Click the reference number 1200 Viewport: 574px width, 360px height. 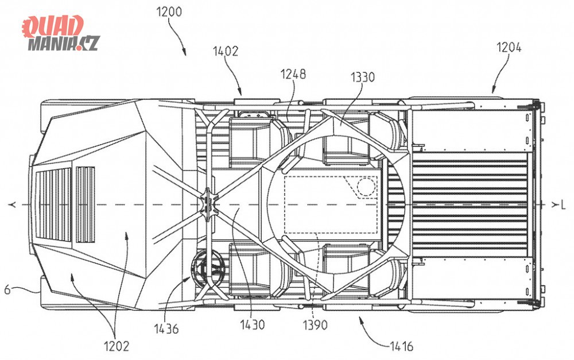169,12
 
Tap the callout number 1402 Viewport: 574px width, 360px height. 226,51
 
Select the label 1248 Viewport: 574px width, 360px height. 293,74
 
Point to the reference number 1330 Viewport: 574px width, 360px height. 362,78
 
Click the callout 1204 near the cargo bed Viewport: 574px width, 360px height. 509,47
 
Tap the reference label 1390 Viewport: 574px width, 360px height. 315,324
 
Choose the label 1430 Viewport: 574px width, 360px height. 252,324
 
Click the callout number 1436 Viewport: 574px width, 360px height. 166,328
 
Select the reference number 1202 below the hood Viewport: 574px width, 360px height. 117,346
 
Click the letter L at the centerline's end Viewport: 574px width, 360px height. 563,206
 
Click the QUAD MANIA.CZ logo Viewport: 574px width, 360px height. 61,33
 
